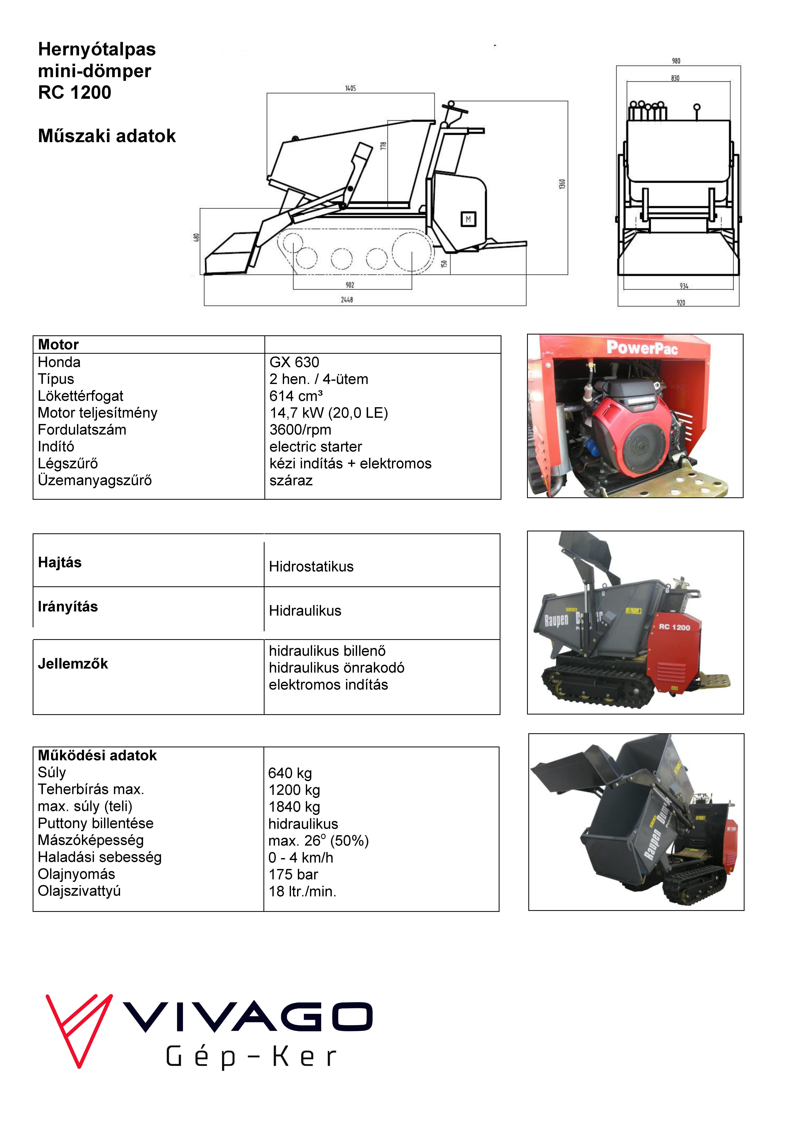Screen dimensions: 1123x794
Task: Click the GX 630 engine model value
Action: tap(294, 362)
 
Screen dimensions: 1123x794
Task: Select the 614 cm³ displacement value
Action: tap(296, 396)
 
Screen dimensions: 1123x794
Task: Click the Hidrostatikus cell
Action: tap(311, 567)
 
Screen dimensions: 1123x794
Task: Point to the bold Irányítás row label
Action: tap(68, 607)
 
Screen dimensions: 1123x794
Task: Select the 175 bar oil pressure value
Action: tap(293, 875)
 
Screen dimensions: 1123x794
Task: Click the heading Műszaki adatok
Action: tap(107, 136)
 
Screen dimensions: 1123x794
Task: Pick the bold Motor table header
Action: tap(58, 345)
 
